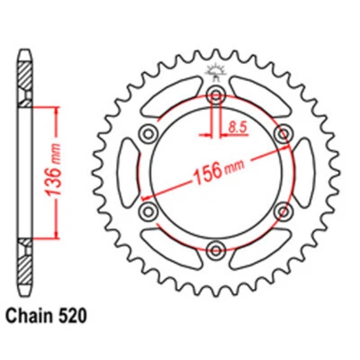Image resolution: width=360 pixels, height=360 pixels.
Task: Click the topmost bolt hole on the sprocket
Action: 216,96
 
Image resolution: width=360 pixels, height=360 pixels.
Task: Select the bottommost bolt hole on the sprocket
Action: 216,249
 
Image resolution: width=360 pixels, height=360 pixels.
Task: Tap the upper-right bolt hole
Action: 283,135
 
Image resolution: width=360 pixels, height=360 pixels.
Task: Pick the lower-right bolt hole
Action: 283,211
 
